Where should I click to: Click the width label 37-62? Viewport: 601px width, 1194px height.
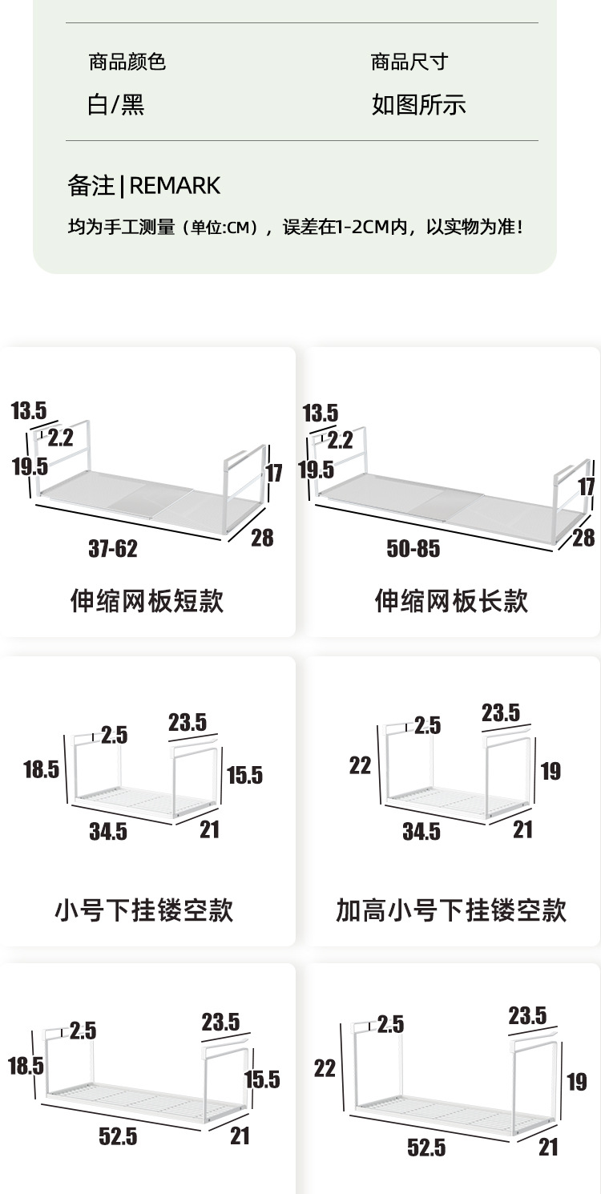(113, 548)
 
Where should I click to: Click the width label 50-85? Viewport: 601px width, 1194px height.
(413, 548)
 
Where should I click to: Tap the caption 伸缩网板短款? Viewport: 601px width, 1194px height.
(147, 600)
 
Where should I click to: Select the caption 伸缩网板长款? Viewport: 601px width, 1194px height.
(451, 600)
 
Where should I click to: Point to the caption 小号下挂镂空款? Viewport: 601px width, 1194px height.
(144, 910)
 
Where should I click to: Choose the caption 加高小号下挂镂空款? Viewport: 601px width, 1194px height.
(451, 910)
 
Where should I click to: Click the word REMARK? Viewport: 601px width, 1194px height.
(175, 186)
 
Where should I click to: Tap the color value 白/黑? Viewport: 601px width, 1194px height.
(116, 105)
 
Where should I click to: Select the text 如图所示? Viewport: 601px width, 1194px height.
(418, 105)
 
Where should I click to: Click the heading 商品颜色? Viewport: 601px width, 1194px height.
(127, 62)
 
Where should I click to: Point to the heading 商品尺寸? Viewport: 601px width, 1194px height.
(409, 62)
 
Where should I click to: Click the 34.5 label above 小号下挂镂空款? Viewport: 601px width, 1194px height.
(108, 831)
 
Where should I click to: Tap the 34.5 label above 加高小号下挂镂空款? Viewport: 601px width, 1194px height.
(422, 831)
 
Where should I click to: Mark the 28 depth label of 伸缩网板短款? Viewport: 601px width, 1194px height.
(262, 537)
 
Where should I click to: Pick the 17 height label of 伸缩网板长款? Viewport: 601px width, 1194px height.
(587, 486)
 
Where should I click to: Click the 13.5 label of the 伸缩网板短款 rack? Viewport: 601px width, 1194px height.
(29, 412)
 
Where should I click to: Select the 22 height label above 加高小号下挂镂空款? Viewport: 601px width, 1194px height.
(361, 766)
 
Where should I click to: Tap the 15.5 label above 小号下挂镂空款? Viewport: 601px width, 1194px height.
(244, 775)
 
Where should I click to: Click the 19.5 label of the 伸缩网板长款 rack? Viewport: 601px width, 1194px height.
(317, 470)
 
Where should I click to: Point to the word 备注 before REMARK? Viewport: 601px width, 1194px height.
(91, 186)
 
